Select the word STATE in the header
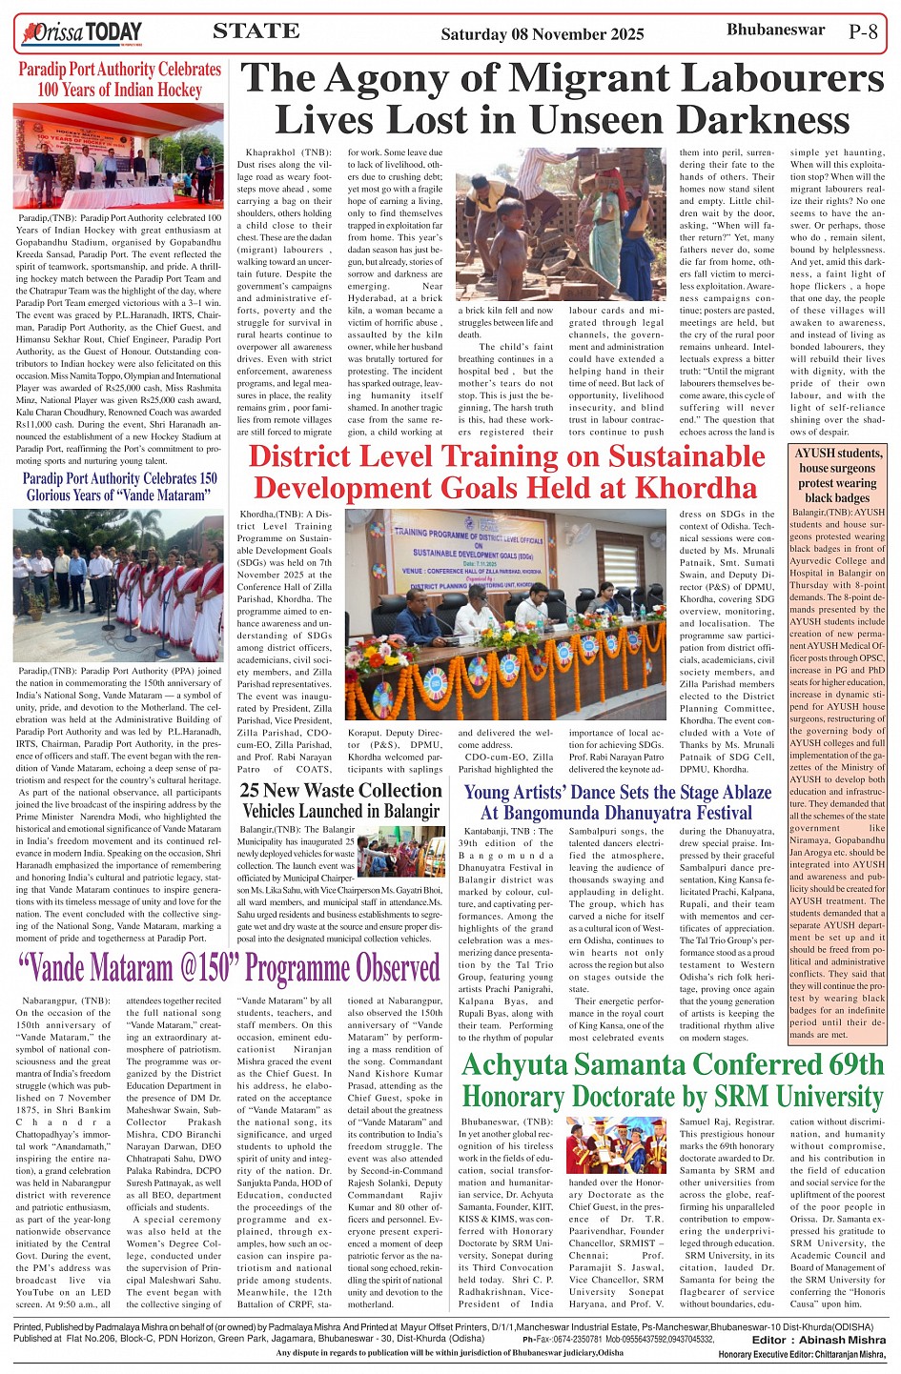(x=256, y=31)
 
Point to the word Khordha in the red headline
(x=696, y=488)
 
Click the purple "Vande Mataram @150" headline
(x=230, y=968)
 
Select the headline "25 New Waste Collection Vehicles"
(x=340, y=800)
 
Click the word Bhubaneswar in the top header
(x=775, y=30)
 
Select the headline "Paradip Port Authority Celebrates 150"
(x=119, y=487)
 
